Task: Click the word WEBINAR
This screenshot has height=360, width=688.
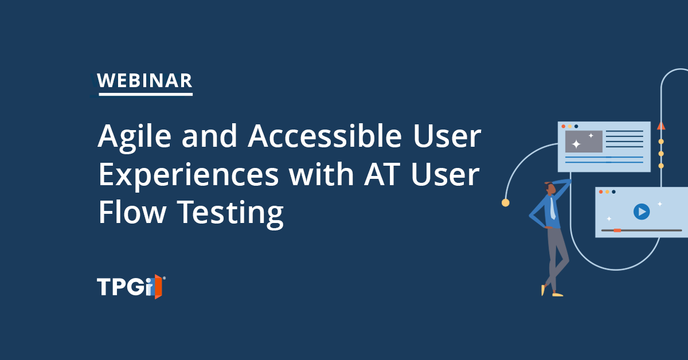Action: (x=144, y=80)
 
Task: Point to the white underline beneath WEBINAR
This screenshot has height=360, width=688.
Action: (x=146, y=94)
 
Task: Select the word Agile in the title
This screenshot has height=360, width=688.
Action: (x=134, y=137)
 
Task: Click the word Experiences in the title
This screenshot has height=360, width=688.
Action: (x=189, y=175)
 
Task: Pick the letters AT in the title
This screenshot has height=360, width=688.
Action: (x=382, y=174)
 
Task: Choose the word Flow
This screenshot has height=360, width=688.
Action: (x=132, y=212)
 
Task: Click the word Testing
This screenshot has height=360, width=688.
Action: (x=230, y=213)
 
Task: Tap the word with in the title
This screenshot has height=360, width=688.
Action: (x=321, y=174)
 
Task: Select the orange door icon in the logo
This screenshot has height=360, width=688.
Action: (x=158, y=287)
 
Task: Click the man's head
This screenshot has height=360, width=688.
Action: (x=550, y=188)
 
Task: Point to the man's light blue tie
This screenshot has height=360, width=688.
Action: (x=553, y=208)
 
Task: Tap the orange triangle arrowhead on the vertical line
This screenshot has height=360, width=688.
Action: (x=661, y=126)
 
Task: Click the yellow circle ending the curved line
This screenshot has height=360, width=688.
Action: (x=505, y=203)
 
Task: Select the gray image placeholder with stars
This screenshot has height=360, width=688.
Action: (x=584, y=141)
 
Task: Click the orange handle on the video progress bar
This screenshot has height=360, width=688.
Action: (x=617, y=230)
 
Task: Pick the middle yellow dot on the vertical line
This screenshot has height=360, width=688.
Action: (x=661, y=154)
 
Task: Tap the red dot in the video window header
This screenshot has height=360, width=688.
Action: (x=601, y=192)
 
